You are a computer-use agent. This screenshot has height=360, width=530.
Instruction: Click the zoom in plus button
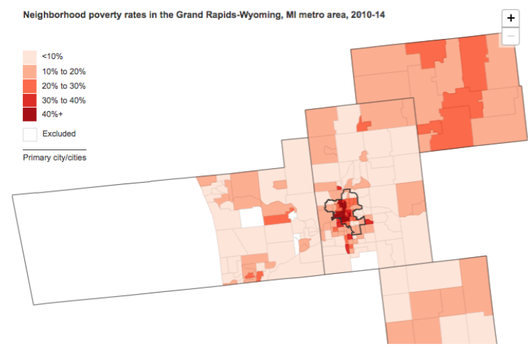tap(511, 19)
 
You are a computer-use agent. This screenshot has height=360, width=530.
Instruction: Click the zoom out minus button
tap(511, 35)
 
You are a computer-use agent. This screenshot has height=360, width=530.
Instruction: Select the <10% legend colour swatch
tap(30, 56)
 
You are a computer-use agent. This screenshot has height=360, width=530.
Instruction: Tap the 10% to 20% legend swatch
tap(30, 71)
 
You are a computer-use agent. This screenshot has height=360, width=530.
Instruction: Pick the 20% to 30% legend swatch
tap(30, 85)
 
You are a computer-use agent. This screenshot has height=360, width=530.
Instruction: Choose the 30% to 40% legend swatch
tap(30, 100)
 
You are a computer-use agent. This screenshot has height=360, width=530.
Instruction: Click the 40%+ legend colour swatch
tap(30, 114)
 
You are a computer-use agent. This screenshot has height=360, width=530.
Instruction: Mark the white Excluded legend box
tap(30, 133)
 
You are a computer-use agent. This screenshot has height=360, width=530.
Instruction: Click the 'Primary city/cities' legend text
tap(54, 158)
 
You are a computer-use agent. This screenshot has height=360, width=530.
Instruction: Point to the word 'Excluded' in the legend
tap(58, 133)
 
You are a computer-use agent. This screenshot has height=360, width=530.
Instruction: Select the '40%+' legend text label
tap(53, 115)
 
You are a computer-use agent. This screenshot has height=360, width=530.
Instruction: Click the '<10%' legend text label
tap(52, 56)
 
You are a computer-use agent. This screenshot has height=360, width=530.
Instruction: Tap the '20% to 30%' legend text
tap(64, 85)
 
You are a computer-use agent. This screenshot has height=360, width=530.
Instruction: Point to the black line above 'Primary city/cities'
tap(54, 149)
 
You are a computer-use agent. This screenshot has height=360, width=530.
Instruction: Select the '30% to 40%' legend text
tap(64, 100)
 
